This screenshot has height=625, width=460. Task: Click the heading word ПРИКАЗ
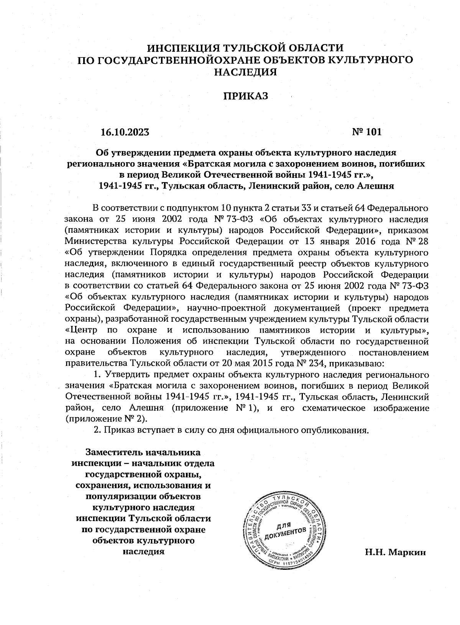click(x=245, y=96)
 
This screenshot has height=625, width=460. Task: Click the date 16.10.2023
click(x=124, y=132)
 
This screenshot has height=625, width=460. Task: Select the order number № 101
click(x=367, y=132)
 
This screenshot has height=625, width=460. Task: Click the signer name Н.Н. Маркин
click(x=395, y=553)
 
